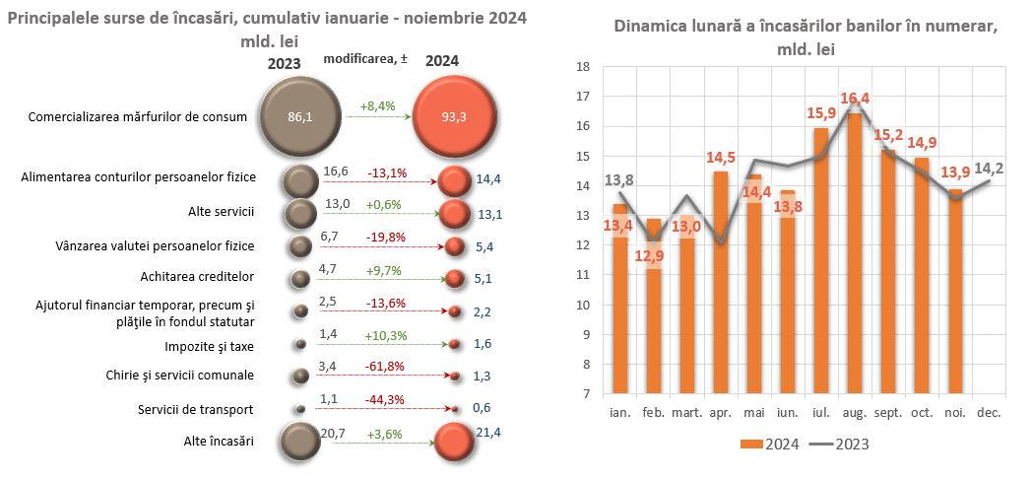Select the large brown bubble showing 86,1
(x=299, y=116)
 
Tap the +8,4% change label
(x=377, y=105)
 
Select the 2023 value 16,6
(x=336, y=171)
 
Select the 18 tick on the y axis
(x=583, y=67)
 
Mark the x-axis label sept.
(x=887, y=413)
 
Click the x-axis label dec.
(x=988, y=413)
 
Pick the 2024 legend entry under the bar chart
(x=770, y=445)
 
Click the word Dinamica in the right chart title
(x=650, y=28)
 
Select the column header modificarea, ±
(x=365, y=59)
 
